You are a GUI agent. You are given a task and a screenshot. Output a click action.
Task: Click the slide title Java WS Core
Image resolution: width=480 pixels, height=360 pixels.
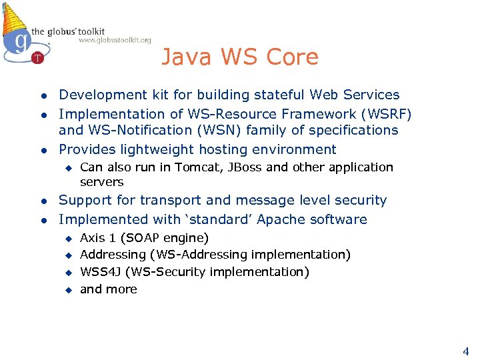click(240, 57)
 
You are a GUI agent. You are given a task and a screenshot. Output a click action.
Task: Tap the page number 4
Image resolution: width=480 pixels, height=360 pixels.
click(465, 351)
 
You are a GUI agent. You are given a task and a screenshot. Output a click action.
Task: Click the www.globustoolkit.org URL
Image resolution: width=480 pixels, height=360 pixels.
click(115, 40)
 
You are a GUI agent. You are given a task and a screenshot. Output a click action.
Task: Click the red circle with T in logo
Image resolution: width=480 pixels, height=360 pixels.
click(37, 58)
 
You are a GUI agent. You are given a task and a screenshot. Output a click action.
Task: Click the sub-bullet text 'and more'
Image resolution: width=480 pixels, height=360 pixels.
click(108, 289)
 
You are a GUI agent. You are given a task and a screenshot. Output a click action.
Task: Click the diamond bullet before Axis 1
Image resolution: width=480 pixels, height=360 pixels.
click(67, 239)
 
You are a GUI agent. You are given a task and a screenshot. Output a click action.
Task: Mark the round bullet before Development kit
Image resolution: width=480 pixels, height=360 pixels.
click(42, 96)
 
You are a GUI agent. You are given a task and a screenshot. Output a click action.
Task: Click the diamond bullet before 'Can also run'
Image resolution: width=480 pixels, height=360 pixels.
click(67, 168)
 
